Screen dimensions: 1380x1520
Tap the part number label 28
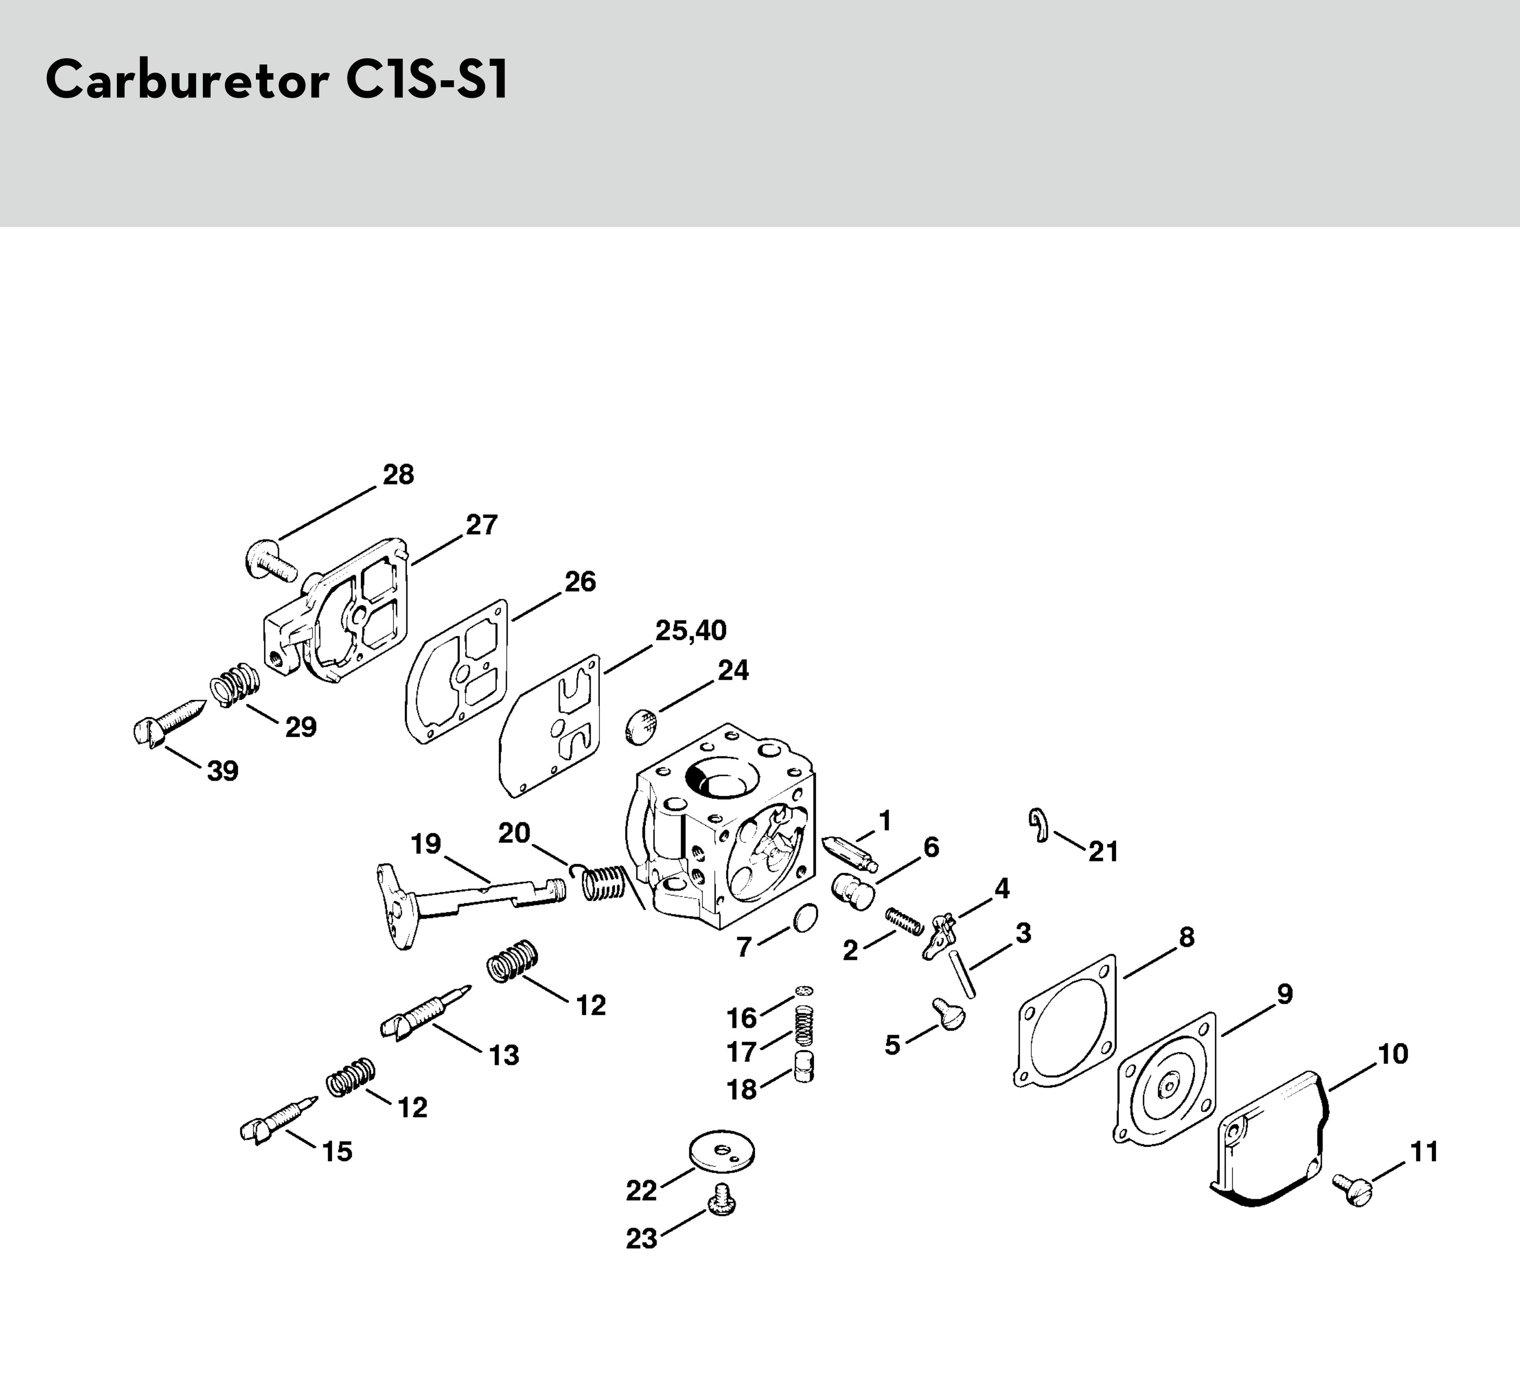pos(398,475)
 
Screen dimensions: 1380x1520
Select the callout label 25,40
pos(690,630)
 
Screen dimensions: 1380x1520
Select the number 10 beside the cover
pos(1393,1054)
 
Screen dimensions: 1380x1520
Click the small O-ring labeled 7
pos(806,917)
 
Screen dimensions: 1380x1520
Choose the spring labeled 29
pos(235,685)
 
